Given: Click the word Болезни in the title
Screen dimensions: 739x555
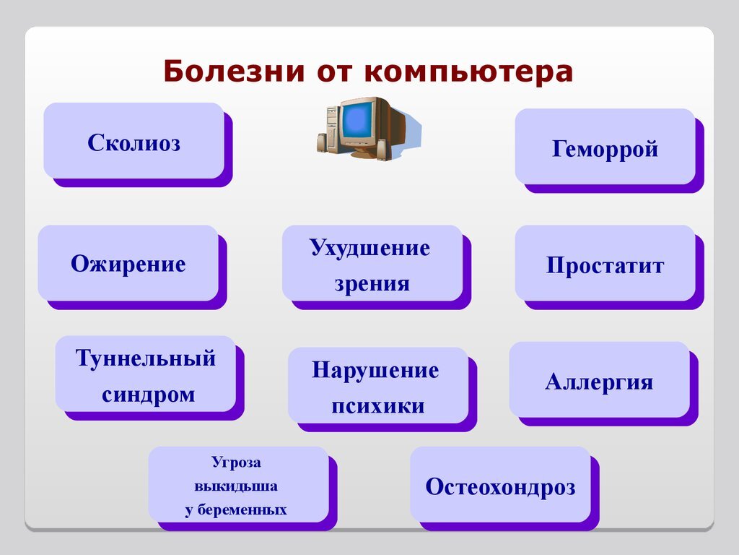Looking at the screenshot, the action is (234, 72).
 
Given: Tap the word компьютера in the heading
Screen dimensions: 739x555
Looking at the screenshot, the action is (468, 72).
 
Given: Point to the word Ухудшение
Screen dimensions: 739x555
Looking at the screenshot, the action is (370, 248).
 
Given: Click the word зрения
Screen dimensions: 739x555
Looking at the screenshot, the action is (372, 283).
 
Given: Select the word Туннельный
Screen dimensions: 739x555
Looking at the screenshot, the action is (146, 358).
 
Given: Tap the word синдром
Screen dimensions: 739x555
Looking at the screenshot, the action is (149, 395).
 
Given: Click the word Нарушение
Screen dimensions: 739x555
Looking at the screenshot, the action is (375, 370).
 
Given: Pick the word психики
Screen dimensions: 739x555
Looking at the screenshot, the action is (378, 406).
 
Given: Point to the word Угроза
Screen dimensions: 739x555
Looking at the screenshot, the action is (236, 462).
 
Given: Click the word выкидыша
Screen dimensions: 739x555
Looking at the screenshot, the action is (236, 486).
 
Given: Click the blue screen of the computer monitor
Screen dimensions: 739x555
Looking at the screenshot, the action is (357, 121).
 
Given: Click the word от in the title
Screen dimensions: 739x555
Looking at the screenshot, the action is (334, 72).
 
